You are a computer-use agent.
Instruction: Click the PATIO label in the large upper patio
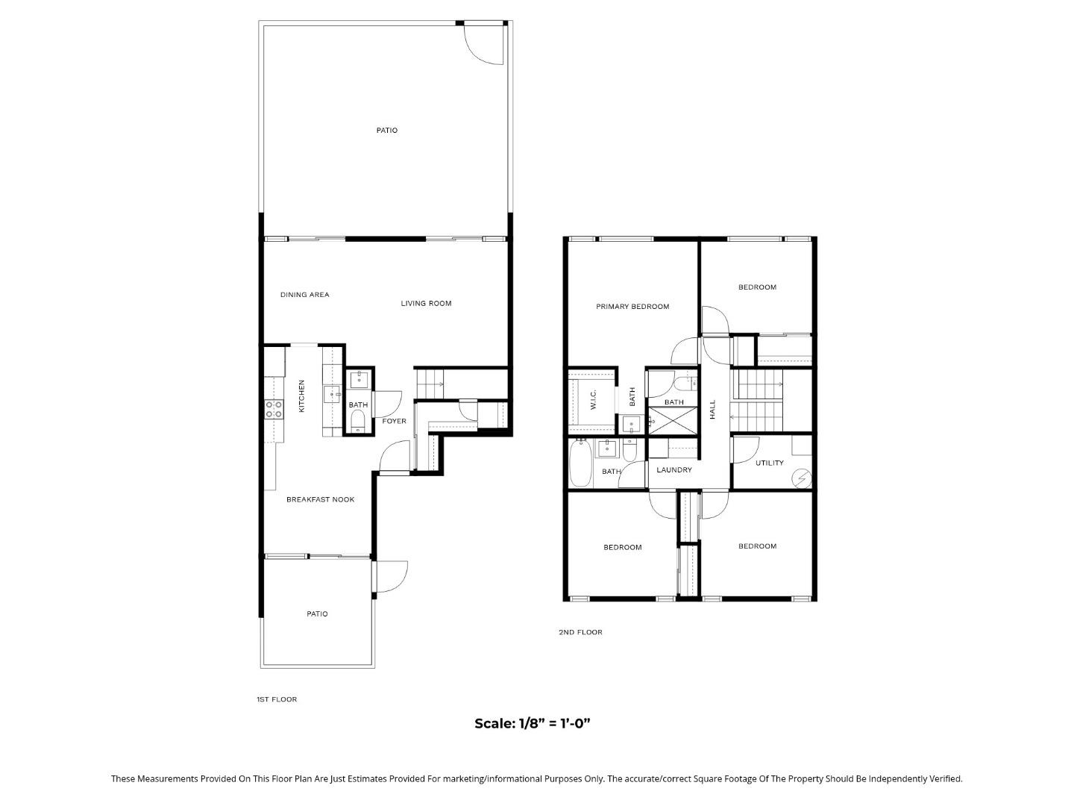tap(386, 131)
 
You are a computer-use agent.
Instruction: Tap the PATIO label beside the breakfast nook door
tap(317, 614)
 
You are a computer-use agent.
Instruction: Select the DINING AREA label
tap(304, 295)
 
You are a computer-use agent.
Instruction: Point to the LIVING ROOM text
tap(426, 304)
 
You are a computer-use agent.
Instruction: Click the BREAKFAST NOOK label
tap(320, 500)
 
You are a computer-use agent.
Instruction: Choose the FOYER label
tap(395, 422)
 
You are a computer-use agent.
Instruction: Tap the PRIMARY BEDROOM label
tap(632, 307)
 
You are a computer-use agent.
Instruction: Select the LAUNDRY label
tap(674, 470)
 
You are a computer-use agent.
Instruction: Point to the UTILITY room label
tap(770, 463)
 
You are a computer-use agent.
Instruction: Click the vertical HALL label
tap(712, 409)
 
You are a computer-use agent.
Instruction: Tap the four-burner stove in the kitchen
tap(274, 409)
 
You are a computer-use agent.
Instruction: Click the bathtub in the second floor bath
tap(580, 463)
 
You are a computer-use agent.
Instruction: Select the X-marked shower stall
tap(673, 421)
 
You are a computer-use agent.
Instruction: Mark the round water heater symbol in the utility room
tap(802, 478)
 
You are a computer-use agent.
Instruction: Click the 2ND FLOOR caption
tap(580, 633)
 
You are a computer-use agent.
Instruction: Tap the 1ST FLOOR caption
tap(277, 700)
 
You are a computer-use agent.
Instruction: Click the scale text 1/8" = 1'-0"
tap(533, 723)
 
